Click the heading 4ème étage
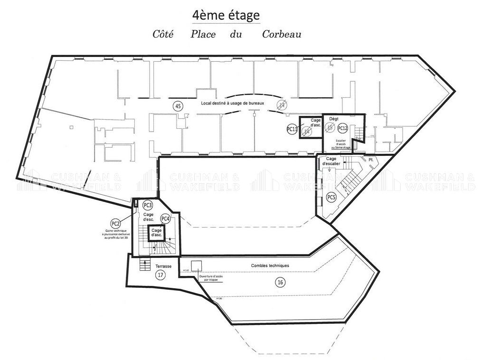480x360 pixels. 226,15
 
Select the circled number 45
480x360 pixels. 178,106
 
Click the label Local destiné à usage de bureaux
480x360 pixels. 232,103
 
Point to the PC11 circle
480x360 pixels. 292,129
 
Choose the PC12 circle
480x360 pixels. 343,128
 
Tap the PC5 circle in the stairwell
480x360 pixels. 331,198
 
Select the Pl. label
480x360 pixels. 371,161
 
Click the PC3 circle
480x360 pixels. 148,205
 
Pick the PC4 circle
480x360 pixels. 165,218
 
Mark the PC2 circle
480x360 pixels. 115,223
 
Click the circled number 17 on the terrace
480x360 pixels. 160,275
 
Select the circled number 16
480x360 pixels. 281,282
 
